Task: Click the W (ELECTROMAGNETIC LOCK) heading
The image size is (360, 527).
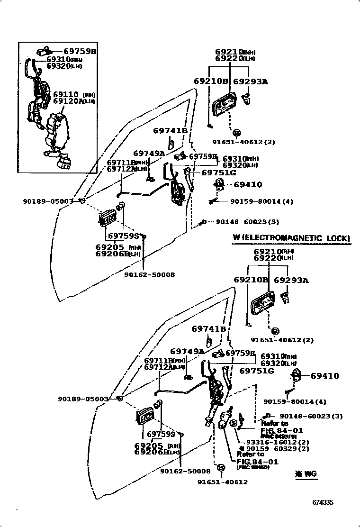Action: click(x=291, y=238)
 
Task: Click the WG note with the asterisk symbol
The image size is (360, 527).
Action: click(x=305, y=473)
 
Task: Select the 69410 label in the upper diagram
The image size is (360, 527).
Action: click(x=247, y=185)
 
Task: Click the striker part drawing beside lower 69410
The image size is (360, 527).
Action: click(x=297, y=375)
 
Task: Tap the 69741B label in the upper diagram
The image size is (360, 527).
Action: click(x=170, y=131)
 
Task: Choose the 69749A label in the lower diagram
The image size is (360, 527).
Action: click(x=187, y=351)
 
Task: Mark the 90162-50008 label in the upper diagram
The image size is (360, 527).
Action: click(x=149, y=275)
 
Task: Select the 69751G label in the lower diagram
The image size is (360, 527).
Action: click(x=256, y=371)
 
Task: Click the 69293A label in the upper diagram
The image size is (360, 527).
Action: click(x=250, y=82)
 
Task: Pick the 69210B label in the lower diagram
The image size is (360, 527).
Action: click(x=251, y=280)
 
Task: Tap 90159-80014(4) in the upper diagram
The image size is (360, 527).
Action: click(x=261, y=201)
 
